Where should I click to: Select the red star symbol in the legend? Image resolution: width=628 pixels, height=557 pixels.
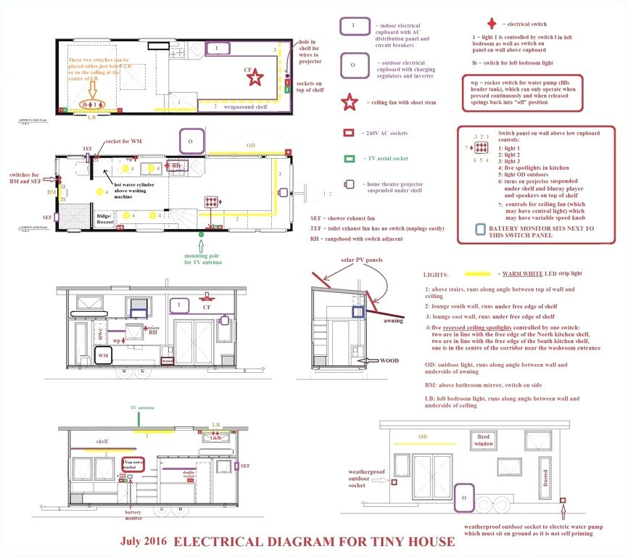[350, 102]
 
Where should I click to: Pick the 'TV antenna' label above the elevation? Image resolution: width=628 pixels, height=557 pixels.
[141, 409]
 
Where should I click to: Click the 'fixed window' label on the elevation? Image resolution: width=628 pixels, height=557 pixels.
[484, 440]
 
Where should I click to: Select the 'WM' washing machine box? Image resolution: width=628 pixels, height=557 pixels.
[103, 357]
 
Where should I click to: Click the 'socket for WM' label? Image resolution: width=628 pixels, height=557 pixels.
[123, 141]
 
